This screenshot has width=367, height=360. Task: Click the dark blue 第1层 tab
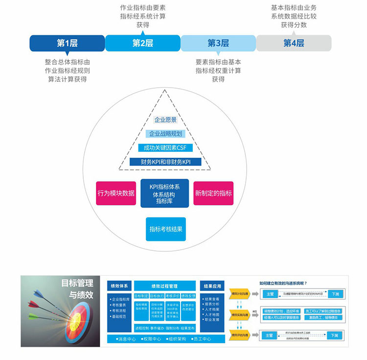pyautogui.click(x=68, y=43)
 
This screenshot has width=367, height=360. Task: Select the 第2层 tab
pyautogui.click(x=143, y=43)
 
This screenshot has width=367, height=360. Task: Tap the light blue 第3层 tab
pyautogui.click(x=218, y=43)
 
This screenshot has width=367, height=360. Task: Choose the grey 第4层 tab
pyautogui.click(x=294, y=43)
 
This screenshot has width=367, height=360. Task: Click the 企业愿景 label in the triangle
pyautogui.click(x=165, y=120)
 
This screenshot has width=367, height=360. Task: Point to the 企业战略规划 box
pyautogui.click(x=165, y=134)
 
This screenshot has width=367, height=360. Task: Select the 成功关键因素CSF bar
pyautogui.click(x=165, y=147)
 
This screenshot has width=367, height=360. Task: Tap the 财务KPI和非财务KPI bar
pyautogui.click(x=165, y=162)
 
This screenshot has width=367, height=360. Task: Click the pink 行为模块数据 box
pyautogui.click(x=116, y=193)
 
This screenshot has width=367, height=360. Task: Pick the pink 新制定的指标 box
pyautogui.click(x=213, y=193)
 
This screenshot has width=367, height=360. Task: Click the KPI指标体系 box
pyautogui.click(x=165, y=193)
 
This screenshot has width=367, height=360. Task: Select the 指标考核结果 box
pyautogui.click(x=166, y=229)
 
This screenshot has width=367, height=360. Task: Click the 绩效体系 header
pyautogui.click(x=119, y=286)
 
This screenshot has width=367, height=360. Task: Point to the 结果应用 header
pyautogui.click(x=212, y=286)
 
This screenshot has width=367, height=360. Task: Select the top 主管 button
pyautogui.click(x=270, y=294)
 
